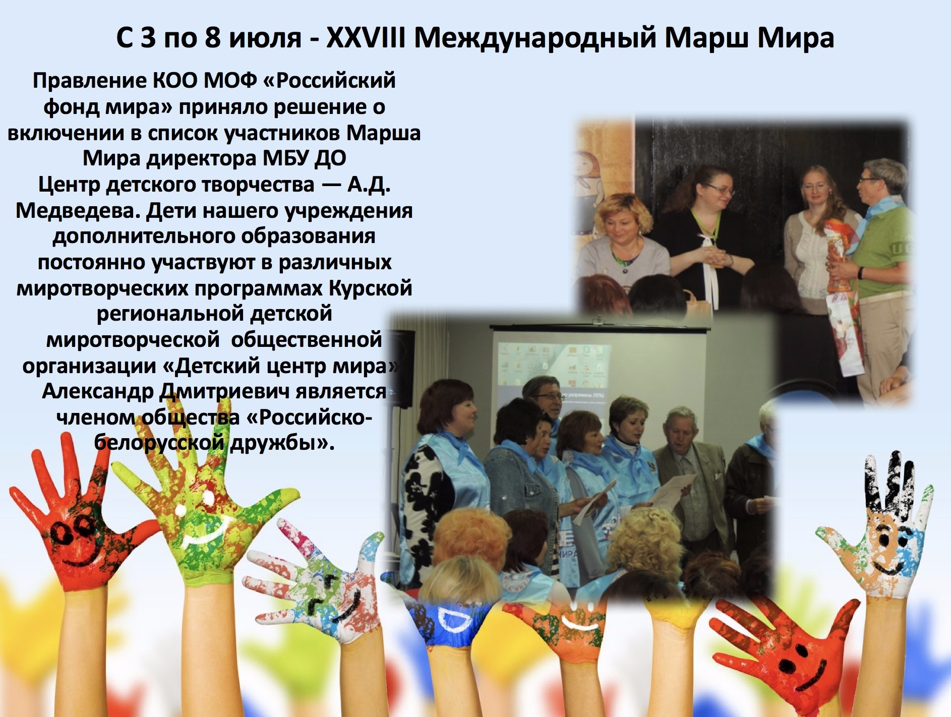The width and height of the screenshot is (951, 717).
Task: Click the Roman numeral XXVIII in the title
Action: pyautogui.click(x=366, y=37)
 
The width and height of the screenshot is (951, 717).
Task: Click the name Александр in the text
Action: pyautogui.click(x=98, y=391)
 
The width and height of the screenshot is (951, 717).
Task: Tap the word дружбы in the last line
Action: pyautogui.click(x=277, y=442)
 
